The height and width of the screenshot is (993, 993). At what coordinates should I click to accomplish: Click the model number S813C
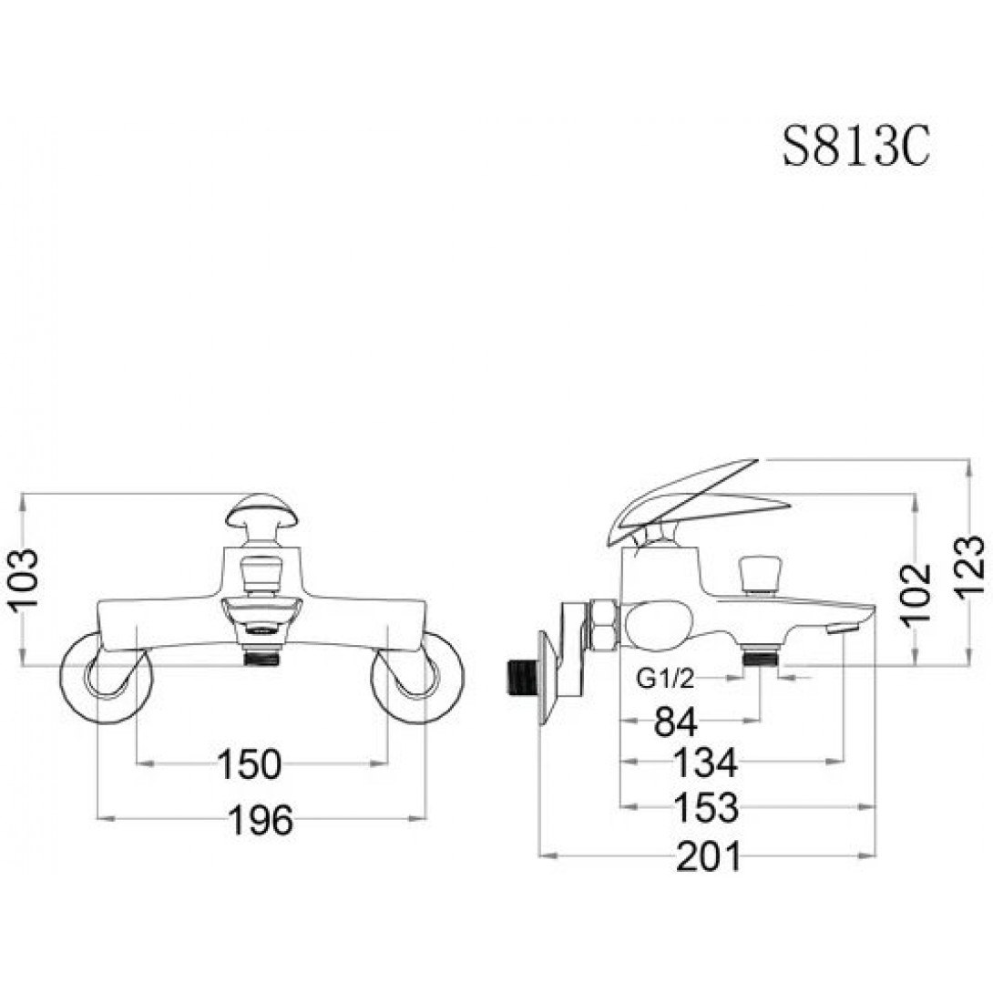tap(856, 146)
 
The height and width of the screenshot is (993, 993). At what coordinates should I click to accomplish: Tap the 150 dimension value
tap(249, 764)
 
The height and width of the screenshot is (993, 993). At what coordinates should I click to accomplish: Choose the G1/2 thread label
tap(667, 678)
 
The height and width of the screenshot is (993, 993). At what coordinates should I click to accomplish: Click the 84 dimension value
tap(676, 722)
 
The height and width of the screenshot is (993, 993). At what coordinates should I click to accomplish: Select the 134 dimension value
tap(704, 763)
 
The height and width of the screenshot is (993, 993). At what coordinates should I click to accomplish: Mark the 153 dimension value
tap(704, 806)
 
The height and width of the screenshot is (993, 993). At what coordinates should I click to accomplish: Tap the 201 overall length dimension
tap(709, 856)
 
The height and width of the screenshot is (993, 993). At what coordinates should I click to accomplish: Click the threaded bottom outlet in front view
tap(261, 654)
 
